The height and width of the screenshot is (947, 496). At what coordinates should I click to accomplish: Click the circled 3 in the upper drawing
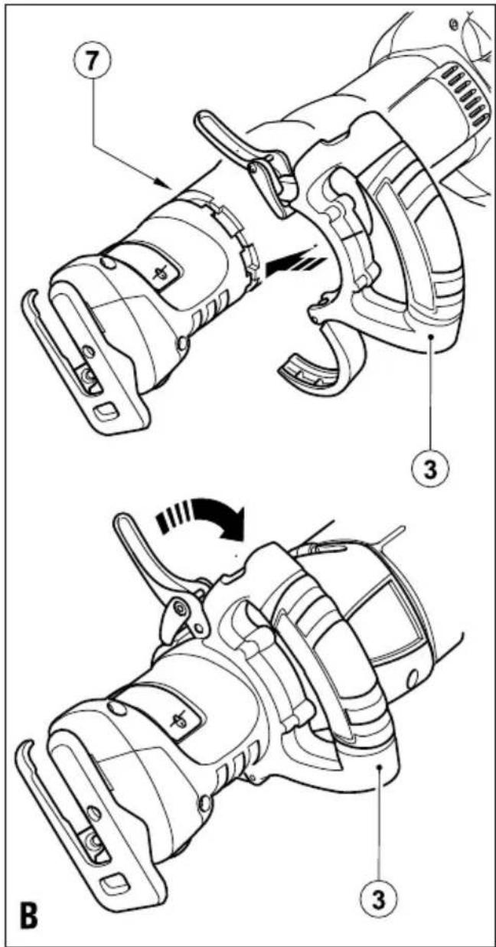430,470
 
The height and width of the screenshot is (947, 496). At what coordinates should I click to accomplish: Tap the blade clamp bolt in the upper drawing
88,375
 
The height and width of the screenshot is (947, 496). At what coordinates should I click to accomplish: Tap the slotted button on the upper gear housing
162,272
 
